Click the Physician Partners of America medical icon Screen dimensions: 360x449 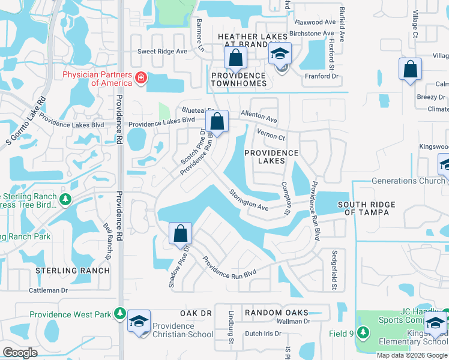pos(141,77)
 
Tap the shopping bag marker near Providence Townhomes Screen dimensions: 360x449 pos(236,59)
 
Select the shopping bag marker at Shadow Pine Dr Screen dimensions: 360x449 pos(180,233)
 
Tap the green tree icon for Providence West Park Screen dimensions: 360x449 pos(120,314)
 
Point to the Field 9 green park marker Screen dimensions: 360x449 pos(363,332)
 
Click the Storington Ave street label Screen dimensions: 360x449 pos(248,199)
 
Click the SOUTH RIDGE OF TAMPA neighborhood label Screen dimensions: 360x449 pos(367,208)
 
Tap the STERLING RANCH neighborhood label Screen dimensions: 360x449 pos(73,271)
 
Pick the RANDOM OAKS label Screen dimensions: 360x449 pos(276,313)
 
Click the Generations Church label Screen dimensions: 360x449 pos(408,181)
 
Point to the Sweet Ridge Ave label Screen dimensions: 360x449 pos(163,52)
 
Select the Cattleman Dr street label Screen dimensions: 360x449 pos(49,290)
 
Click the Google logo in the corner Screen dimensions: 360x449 pos(20,353)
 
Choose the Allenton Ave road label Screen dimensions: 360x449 pos(259,116)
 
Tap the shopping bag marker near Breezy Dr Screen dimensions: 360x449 pos(411,70)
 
